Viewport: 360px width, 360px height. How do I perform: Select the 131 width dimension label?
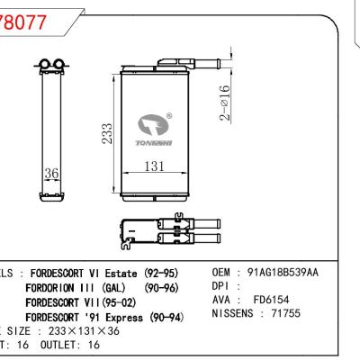158,166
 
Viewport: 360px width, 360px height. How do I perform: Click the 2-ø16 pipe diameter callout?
226,103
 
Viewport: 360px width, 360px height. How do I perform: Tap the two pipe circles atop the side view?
50,64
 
